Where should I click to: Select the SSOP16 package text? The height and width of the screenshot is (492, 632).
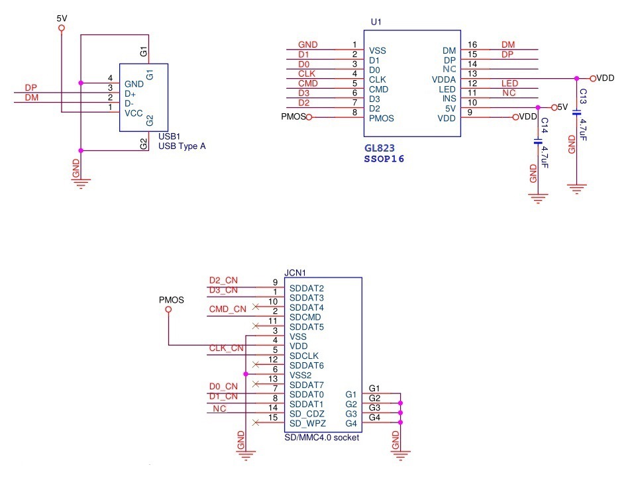pos(384,160)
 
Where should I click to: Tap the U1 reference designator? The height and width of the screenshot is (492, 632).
pos(376,22)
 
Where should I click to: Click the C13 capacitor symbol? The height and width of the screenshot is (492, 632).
pos(576,113)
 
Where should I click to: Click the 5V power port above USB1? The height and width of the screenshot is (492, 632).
pos(62,28)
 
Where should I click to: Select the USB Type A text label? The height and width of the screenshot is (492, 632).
pos(182,146)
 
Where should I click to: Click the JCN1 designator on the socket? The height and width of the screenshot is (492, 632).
pos(295,272)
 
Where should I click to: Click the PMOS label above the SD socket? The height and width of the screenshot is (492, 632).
pos(172,299)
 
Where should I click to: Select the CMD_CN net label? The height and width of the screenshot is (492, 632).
pos(227,309)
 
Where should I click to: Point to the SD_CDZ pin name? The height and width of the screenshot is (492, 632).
pos(306,414)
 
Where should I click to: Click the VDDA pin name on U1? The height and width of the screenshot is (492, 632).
pos(444,79)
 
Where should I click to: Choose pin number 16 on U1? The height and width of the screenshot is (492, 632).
pos(472,44)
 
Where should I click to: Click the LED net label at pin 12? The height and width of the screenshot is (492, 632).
pos(509,83)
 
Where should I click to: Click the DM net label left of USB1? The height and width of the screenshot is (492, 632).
pos(32,98)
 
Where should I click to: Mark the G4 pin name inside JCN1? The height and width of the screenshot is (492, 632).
pos(351,423)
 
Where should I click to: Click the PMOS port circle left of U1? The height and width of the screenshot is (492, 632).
pos(308,117)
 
